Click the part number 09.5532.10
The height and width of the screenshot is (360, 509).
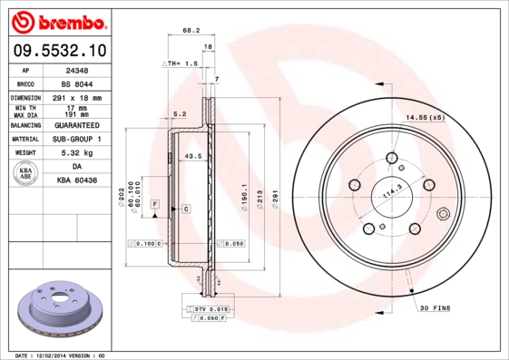point(59,51)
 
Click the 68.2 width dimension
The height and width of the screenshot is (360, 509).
point(191,31)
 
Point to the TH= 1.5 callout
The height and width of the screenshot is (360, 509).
point(181,64)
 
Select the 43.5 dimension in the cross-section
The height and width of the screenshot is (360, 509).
point(192,157)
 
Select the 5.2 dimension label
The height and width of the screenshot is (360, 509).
point(180,114)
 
